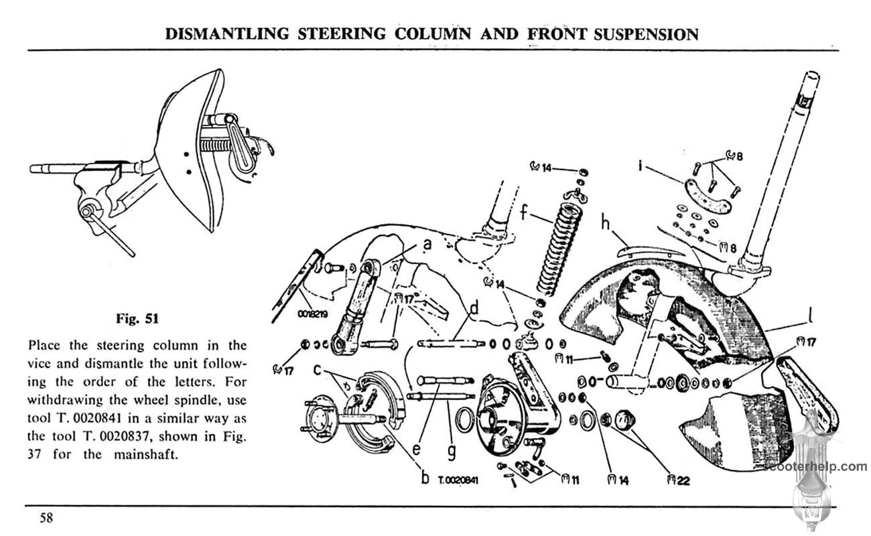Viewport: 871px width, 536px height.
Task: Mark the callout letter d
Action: point(474,309)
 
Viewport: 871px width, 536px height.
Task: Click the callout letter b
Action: point(425,478)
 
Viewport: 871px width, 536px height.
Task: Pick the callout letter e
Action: point(416,448)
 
